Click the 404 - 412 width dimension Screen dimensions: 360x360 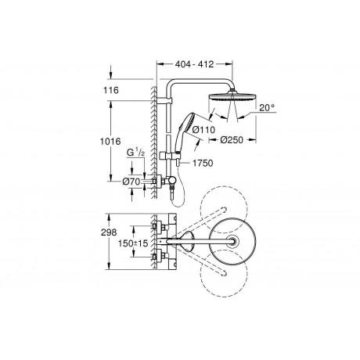(x=194, y=64)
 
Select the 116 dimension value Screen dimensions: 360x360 (x=111, y=90)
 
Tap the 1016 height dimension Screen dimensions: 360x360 (x=110, y=142)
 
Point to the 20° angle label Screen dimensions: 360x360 (x=267, y=107)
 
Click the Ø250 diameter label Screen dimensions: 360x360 (x=232, y=140)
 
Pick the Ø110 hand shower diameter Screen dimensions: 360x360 (x=203, y=129)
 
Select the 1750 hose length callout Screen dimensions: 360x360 (x=203, y=164)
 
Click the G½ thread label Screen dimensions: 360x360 (x=135, y=153)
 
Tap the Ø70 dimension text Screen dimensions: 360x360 (x=131, y=182)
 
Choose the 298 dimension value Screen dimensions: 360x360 (x=109, y=232)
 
